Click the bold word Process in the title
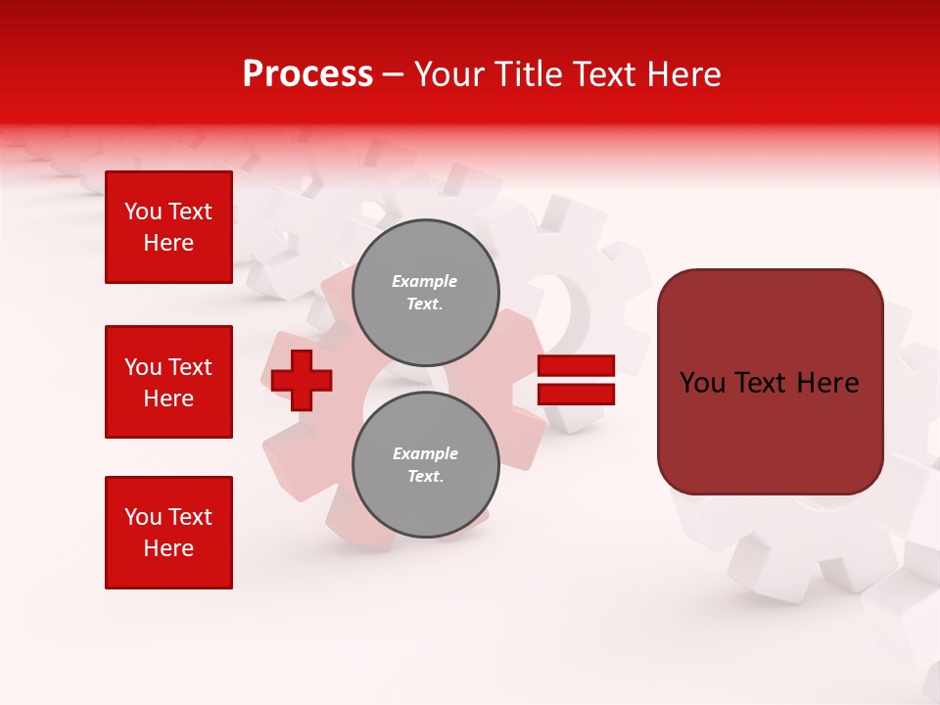click(x=307, y=74)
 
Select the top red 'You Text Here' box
click(x=168, y=227)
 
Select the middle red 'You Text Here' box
click(x=168, y=382)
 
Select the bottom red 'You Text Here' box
click(x=168, y=533)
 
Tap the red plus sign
click(x=302, y=380)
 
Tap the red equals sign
click(x=577, y=380)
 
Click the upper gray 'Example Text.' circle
click(x=425, y=293)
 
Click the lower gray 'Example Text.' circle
click(x=425, y=465)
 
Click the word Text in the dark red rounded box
click(x=765, y=383)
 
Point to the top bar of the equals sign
click(x=577, y=366)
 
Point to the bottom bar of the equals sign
click(x=577, y=394)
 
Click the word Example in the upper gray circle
click(x=425, y=281)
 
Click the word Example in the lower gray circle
click(x=425, y=453)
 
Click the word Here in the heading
click(x=686, y=74)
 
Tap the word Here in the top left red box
click(x=168, y=243)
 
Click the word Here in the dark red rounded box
click(x=827, y=383)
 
